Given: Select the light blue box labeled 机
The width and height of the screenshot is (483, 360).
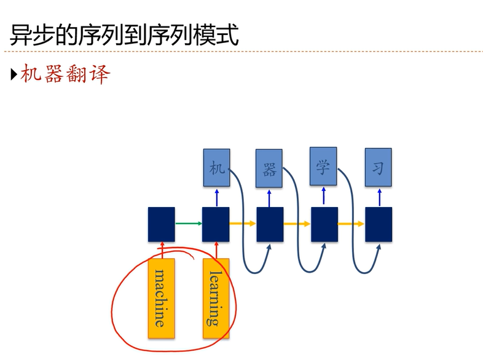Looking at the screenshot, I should pos(216,168).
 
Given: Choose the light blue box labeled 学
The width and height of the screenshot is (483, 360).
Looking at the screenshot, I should pos(323,166).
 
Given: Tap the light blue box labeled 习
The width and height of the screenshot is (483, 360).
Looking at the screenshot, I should pos(378,168).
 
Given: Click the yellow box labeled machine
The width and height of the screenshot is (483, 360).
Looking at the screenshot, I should pos(162,297).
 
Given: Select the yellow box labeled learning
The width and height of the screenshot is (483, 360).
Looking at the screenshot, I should pos(216,297).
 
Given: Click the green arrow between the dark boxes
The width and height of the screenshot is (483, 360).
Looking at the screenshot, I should pos(189,224).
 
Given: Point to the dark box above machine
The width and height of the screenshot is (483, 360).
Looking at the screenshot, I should pos(162,224).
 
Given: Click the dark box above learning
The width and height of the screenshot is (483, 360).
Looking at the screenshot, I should pos(216,224).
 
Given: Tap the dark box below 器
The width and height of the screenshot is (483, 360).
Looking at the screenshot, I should pos(270,224).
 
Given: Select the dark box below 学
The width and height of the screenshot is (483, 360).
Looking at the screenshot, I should pos(324,224).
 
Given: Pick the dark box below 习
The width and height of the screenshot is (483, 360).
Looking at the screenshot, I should pos(379,224).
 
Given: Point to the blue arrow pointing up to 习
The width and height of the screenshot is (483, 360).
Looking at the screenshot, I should pos(379,197).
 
